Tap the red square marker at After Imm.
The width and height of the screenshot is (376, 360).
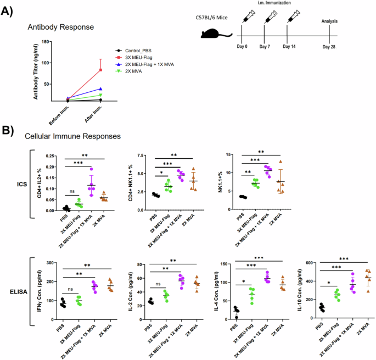[x=100, y=69]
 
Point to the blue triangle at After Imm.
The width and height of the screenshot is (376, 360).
[x=100, y=89]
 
